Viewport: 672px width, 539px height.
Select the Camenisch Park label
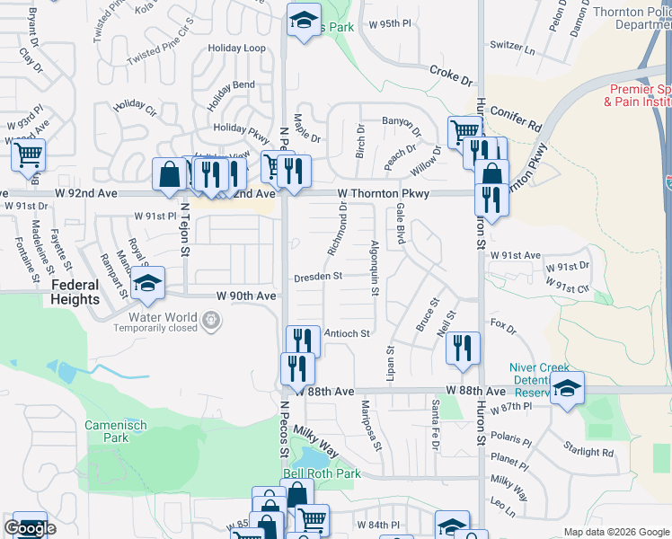109,431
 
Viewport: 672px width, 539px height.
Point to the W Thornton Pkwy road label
384,193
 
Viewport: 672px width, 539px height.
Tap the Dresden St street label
318,278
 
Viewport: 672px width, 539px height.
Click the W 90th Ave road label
245,296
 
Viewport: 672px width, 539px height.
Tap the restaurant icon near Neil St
463,349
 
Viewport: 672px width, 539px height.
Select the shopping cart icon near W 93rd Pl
28,155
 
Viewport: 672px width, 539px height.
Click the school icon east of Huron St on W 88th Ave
567,388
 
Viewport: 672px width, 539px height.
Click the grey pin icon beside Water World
211,319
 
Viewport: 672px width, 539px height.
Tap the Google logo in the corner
30,528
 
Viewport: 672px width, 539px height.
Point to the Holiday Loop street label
236,48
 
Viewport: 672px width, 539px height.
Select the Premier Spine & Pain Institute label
641,95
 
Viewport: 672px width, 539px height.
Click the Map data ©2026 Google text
616,532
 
